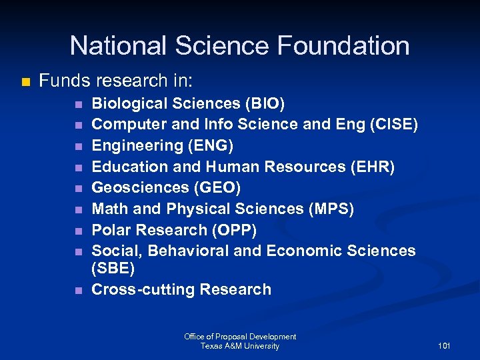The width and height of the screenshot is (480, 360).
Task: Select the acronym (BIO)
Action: [265, 103]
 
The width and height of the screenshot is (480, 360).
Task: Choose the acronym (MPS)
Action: [331, 209]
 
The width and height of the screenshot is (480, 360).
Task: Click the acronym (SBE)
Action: [113, 269]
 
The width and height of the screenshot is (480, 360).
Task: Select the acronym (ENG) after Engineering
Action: [212, 145]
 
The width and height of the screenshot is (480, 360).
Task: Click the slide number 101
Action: [444, 346]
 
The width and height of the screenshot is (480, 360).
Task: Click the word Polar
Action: [111, 230]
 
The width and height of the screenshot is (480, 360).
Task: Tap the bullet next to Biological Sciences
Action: [78, 104]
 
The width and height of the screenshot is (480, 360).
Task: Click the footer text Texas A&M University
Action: [240, 346]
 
